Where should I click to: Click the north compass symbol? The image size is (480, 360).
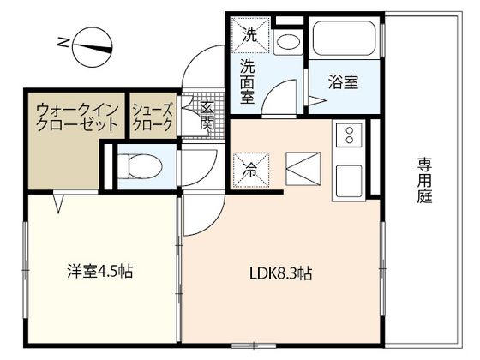pos(93,48)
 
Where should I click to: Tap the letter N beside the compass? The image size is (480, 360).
pos(63,42)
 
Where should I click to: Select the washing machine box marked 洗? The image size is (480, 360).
pos(250,35)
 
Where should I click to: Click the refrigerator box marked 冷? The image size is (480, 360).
pos(251,170)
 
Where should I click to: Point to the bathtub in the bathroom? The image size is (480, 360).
pos(345,39)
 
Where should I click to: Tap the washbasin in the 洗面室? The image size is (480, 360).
pos(288,42)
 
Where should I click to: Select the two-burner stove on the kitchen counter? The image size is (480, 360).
pos(350,135)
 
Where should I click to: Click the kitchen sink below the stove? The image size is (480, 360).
pos(349,181)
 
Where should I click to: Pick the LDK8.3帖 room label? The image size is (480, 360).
pos(281,273)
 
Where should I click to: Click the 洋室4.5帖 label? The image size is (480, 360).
pos(100,271)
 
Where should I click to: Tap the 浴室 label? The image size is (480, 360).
pos(343,82)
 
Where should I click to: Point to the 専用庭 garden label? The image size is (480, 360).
pos(425,180)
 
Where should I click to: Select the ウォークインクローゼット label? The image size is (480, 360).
pos(77,117)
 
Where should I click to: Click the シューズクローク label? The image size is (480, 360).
pos(153,117)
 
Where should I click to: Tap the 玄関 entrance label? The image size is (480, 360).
pos(207,115)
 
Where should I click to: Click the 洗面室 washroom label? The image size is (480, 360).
pos(248,81)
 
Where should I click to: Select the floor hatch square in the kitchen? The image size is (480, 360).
pos(303,169)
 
